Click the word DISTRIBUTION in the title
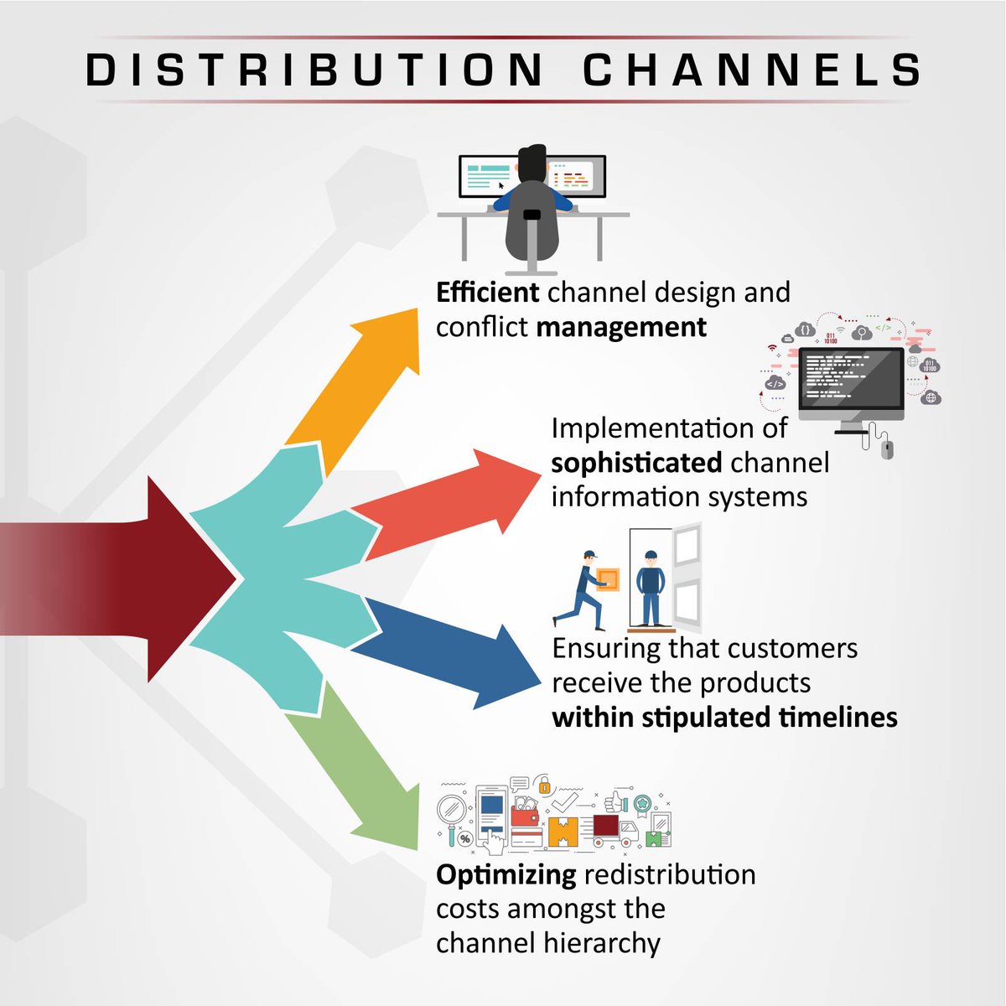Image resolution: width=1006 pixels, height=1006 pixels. (x=315, y=70)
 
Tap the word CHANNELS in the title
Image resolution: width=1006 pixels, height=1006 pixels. (x=752, y=70)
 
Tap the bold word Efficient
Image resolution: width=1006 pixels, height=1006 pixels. (x=487, y=293)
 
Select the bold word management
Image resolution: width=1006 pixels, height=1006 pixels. (x=621, y=327)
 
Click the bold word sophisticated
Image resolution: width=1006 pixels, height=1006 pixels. (x=636, y=463)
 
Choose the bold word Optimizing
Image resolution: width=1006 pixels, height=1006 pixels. (x=506, y=875)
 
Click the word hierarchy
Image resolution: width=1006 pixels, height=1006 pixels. (x=601, y=944)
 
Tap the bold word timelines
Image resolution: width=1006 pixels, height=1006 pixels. (x=837, y=718)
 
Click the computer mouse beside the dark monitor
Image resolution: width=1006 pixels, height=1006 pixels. (x=888, y=449)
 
